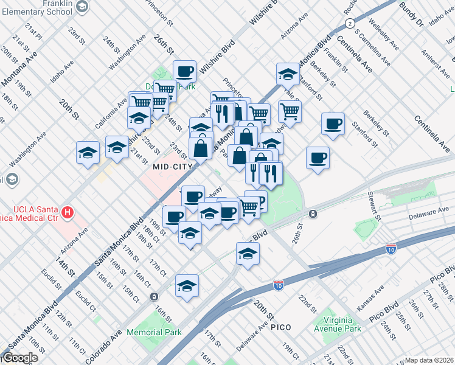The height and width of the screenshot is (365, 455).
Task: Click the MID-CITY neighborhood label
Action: (173, 166)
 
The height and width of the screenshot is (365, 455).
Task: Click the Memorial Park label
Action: (154, 332)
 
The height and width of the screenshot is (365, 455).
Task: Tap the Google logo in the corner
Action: (19, 358)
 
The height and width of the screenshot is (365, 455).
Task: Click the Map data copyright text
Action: (429, 360)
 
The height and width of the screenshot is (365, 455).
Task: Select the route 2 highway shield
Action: (349, 23)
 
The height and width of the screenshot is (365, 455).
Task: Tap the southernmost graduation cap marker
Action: (187, 286)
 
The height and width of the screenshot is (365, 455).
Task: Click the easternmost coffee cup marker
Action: (332, 124)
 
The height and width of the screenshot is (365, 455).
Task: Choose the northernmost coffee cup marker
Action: (185, 72)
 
